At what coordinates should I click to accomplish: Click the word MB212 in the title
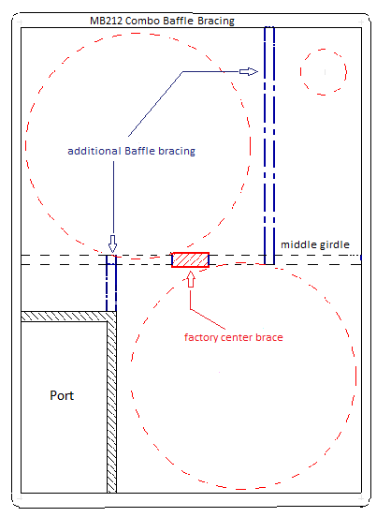tap(106, 21)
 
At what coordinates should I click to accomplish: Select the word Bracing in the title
tap(216, 22)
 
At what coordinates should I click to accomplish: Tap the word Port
tap(62, 395)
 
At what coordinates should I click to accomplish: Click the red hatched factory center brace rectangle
tap(191, 259)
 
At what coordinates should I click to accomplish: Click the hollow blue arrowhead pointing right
tap(249, 71)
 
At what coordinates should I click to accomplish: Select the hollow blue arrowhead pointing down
tap(112, 244)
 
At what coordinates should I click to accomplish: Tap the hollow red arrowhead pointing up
tap(191, 280)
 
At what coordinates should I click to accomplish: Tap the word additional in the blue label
tap(94, 151)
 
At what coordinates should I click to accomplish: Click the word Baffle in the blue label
tap(139, 151)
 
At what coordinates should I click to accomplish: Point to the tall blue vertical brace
tap(269, 145)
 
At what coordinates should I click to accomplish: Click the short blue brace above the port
tap(111, 283)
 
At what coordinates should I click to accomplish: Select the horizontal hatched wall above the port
tap(64, 317)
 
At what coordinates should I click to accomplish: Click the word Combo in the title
tap(143, 22)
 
